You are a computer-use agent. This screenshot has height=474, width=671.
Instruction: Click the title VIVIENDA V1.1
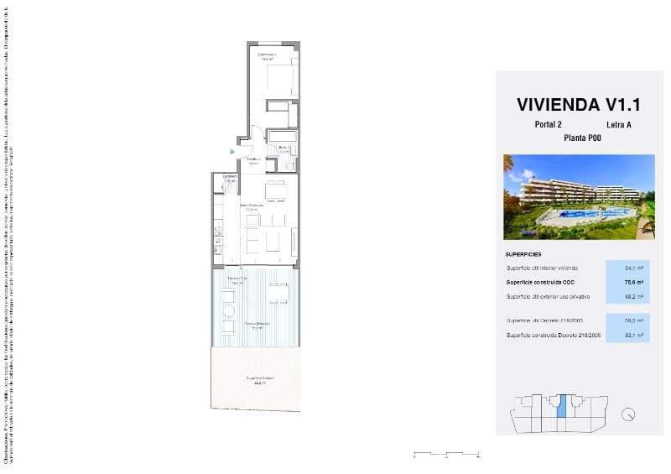coord(579,105)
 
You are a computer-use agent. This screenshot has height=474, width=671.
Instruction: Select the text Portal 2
coord(548,125)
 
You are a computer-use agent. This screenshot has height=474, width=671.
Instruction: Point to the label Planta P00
coord(582,138)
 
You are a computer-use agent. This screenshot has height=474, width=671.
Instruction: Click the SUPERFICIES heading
coord(523,253)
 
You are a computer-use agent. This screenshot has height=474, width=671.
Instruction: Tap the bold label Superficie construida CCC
coord(542,282)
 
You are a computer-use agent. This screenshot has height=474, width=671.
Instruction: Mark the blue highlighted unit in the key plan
coord(563,406)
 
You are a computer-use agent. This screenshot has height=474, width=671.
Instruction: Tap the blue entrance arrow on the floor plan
coord(233,151)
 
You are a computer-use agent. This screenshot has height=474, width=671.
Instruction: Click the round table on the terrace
coord(227,311)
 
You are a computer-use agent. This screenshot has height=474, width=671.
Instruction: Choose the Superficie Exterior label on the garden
coord(259,379)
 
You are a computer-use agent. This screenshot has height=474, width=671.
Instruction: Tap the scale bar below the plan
coord(446,456)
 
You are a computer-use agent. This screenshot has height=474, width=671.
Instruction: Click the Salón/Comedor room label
coord(252,206)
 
